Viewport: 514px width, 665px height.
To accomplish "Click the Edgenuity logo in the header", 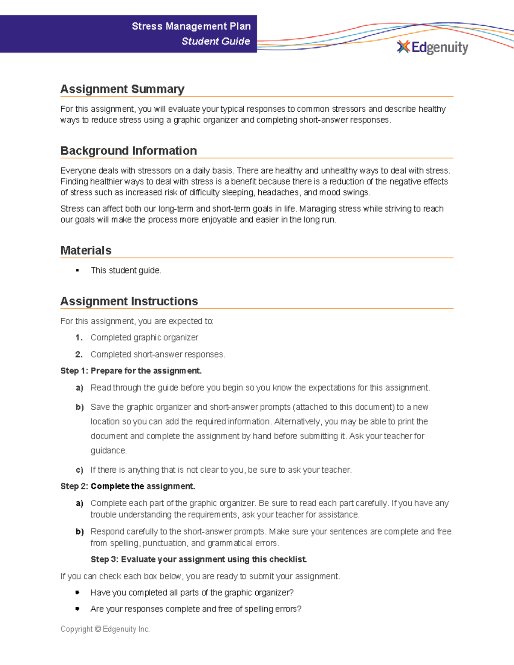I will [x=433, y=47].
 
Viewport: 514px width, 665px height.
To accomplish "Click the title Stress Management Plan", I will [x=191, y=26].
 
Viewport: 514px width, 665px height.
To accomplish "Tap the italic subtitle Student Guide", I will [x=215, y=41].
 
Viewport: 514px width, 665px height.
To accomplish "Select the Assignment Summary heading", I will [x=122, y=89].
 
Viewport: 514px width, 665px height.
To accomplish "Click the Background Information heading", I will [x=128, y=151].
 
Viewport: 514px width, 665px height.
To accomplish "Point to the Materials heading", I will [x=86, y=250].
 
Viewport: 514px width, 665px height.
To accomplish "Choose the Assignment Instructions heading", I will [x=129, y=301].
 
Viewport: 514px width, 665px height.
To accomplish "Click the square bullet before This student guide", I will [x=78, y=270].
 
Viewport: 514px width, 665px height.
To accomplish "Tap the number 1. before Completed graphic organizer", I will [x=79, y=337].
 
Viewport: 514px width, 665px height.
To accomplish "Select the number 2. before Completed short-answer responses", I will [x=79, y=354].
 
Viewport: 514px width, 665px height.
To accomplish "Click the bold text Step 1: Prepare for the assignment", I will [x=131, y=371].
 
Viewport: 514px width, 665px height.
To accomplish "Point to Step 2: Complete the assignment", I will [x=128, y=486].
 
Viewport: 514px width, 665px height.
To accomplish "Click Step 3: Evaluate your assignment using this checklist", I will [x=198, y=559].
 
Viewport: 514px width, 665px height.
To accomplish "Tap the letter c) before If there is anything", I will [x=79, y=470].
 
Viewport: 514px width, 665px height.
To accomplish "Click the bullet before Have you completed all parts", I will [x=78, y=592].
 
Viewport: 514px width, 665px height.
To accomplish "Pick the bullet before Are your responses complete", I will [x=78, y=608].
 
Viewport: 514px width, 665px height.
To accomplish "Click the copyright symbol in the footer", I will [x=98, y=629].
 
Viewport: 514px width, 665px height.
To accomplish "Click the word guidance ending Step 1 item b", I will [x=108, y=450].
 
